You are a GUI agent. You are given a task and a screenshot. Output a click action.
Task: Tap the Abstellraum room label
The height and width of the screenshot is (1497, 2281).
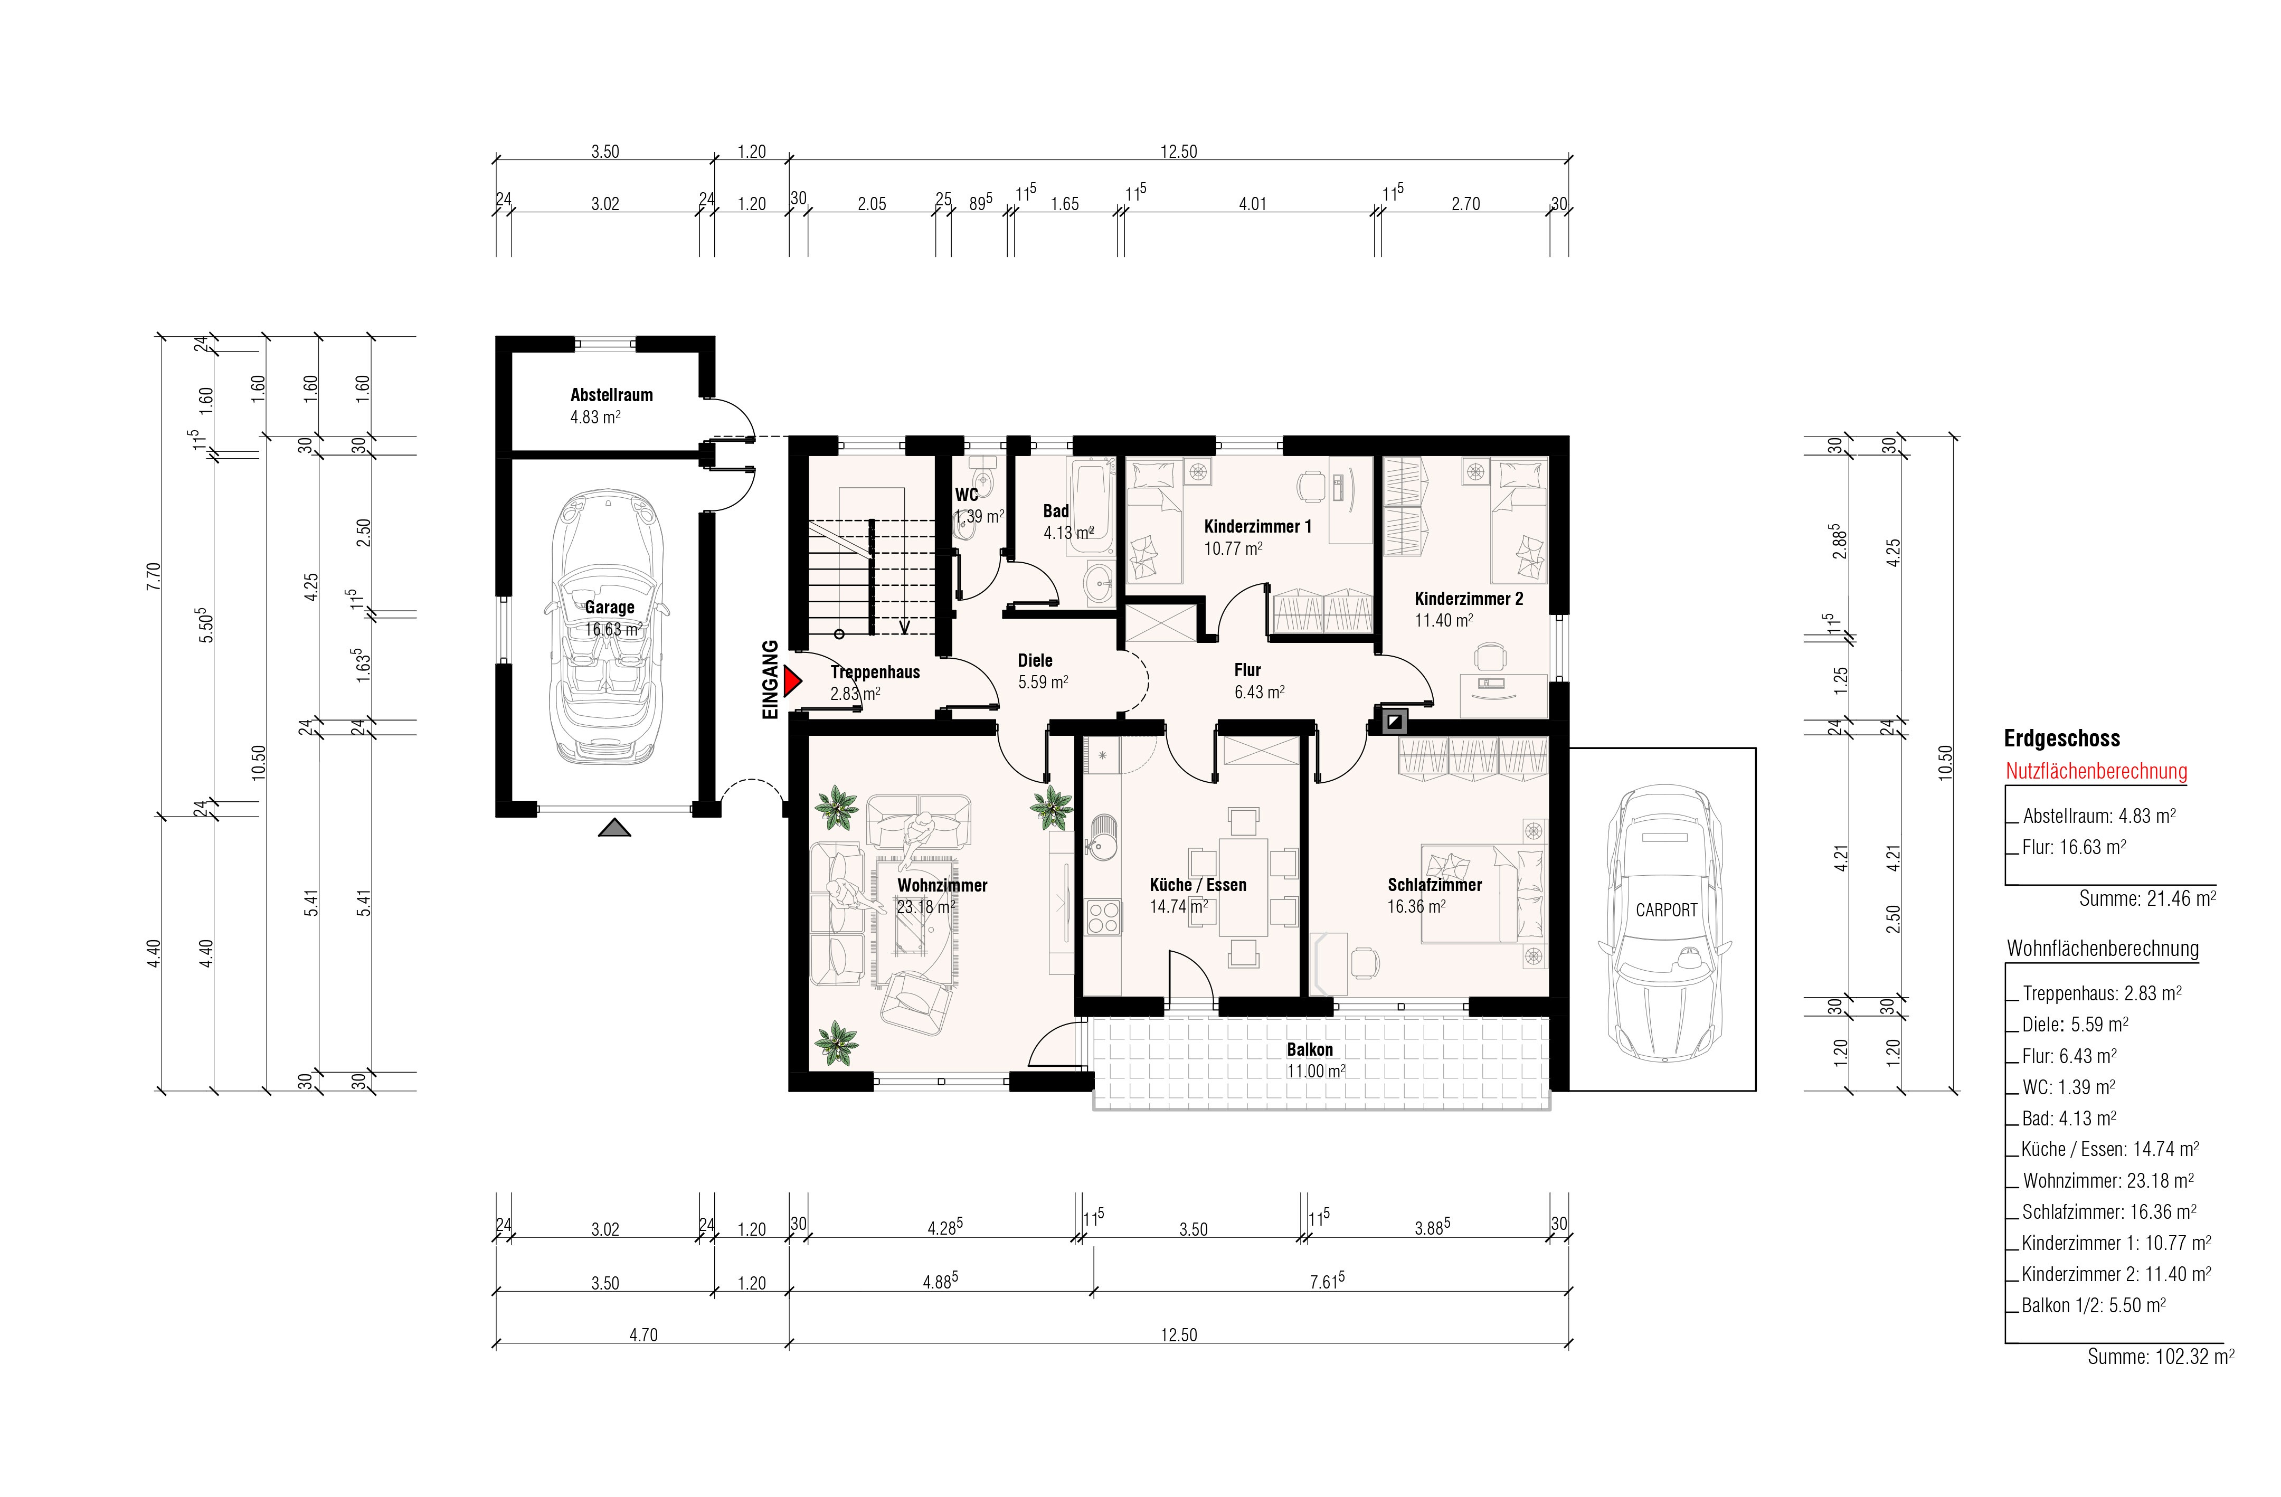pyautogui.click(x=611, y=395)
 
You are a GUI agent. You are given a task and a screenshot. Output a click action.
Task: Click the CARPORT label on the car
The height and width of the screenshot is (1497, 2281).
pyautogui.click(x=1665, y=909)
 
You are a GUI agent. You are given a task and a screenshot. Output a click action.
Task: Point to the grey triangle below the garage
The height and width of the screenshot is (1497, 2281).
pyautogui.click(x=614, y=828)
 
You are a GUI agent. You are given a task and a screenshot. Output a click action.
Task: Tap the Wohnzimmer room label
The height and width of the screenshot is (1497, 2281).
pyautogui.click(x=942, y=886)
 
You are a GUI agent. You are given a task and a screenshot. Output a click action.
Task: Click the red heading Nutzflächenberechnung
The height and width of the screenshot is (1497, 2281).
pyautogui.click(x=2096, y=772)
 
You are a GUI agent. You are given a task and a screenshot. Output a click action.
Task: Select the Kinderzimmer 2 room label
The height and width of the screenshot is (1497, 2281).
pyautogui.click(x=1468, y=599)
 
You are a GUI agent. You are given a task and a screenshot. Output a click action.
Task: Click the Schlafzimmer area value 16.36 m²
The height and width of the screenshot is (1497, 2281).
pyautogui.click(x=1416, y=907)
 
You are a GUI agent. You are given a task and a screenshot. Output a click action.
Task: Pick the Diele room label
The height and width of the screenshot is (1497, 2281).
pyautogui.click(x=1035, y=660)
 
